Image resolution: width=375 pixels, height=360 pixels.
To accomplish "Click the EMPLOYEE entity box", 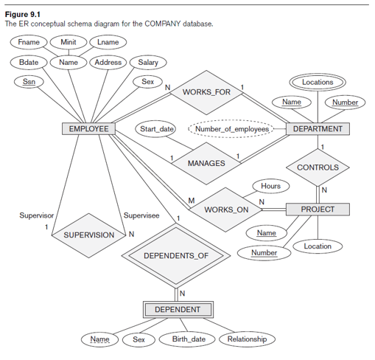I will [88, 129].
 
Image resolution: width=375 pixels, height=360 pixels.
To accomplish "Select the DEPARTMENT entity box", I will [317, 129].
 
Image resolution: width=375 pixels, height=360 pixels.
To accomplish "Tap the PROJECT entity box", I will [317, 210].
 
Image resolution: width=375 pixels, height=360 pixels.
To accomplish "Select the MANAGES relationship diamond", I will [206, 162].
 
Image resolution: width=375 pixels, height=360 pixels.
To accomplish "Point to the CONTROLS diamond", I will [318, 167].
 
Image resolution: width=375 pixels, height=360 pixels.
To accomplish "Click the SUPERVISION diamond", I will [88, 235].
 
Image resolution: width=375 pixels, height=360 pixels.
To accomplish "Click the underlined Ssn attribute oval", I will [29, 82].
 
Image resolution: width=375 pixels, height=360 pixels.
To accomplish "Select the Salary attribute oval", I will [148, 63].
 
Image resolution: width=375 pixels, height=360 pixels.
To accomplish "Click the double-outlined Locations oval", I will [318, 82].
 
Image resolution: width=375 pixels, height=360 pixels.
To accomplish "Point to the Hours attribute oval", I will [270, 186].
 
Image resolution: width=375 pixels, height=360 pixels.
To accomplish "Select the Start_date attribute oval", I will [156, 129].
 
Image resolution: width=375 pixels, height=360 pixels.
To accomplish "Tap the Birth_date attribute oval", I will [189, 339].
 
